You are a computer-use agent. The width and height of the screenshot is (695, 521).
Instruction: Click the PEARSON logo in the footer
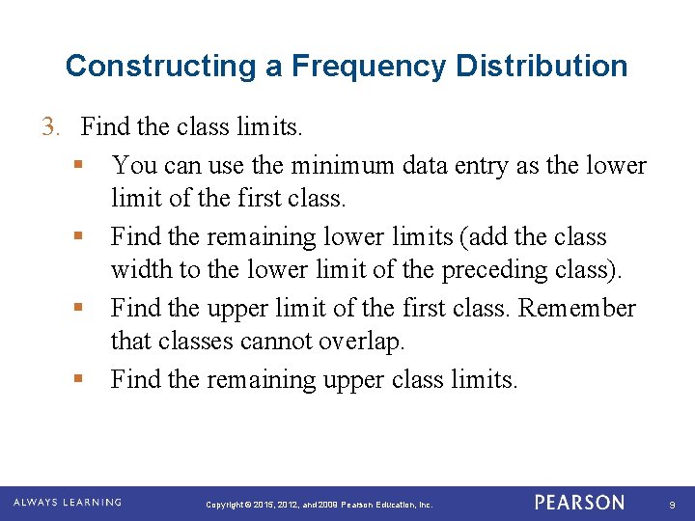[579, 503]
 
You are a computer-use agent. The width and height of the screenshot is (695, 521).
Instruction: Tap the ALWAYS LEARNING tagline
[67, 503]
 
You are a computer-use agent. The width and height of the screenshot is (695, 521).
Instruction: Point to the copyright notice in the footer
[320, 505]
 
